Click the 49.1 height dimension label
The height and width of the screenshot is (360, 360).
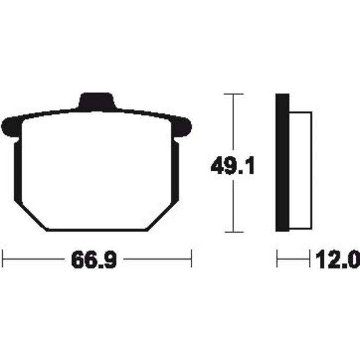point(232,165)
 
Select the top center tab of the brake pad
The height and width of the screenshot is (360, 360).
point(97,101)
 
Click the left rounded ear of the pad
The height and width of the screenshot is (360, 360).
point(11,127)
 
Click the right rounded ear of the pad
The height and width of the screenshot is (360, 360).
point(182,127)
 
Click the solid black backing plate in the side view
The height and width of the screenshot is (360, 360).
point(282,163)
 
